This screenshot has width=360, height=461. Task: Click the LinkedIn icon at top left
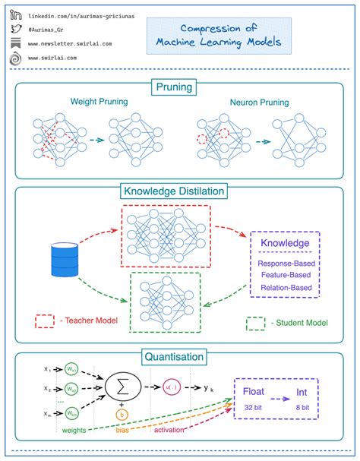[15, 15]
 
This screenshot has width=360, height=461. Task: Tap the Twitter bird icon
[15, 30]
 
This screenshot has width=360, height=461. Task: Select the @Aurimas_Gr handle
[52, 30]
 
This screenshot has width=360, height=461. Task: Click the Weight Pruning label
[99, 101]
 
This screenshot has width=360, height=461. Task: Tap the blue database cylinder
[65, 259]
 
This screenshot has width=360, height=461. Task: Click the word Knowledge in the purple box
[285, 244]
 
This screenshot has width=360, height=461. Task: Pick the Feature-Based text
[285, 274]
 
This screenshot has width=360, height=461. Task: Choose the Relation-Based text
[285, 288]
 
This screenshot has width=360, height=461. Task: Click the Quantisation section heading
[179, 355]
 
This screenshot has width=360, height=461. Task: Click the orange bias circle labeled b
[122, 415]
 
